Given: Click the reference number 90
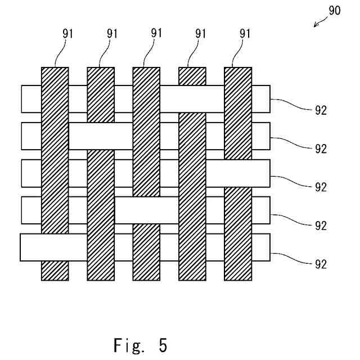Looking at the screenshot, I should (x=335, y=11).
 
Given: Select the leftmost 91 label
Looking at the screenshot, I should (x=67, y=33).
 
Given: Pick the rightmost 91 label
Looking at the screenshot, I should (x=245, y=33).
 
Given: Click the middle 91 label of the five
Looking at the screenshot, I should (x=156, y=33).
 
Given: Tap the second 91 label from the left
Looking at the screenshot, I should (x=112, y=33).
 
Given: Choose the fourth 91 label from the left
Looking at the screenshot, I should (x=201, y=33).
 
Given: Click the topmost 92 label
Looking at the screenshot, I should (x=321, y=110).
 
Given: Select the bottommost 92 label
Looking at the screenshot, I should (x=321, y=264).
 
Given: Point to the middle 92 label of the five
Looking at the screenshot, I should (x=321, y=187).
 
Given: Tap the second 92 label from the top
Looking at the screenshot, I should (x=321, y=149).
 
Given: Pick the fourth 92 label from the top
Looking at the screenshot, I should (x=321, y=226).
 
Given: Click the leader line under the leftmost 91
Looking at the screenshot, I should (x=60, y=54).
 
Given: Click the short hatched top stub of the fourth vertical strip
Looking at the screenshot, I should (x=192, y=76).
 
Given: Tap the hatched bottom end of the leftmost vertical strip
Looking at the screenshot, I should (x=55, y=271).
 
